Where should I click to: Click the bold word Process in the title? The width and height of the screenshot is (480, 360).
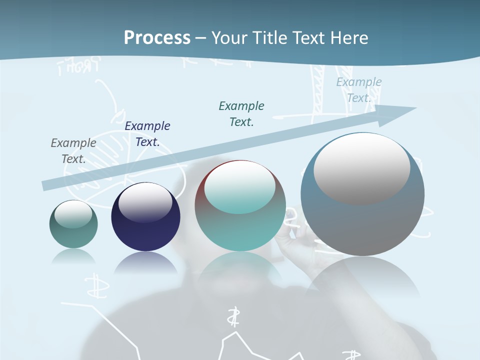[157, 38]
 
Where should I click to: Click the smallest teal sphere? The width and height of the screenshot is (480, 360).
[73, 235]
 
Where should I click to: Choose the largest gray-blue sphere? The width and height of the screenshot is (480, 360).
[362, 220]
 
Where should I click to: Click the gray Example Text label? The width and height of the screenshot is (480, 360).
[73, 150]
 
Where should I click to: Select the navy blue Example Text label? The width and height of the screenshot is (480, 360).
[147, 133]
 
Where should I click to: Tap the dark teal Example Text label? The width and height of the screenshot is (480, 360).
[241, 113]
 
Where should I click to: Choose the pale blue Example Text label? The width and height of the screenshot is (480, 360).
[359, 89]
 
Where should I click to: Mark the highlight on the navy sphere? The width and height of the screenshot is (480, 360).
[145, 202]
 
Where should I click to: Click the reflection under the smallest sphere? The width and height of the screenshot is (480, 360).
[73, 256]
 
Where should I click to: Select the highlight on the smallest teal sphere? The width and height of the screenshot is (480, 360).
[73, 214]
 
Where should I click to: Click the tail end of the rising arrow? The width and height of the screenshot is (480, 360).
[46, 185]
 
